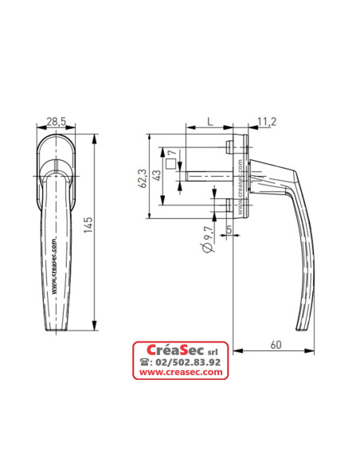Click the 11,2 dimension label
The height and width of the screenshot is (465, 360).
(x=267, y=121)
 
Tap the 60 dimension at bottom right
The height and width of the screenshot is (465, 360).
(x=276, y=344)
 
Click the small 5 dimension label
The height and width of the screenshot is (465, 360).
(x=229, y=230)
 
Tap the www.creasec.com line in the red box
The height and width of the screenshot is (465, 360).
(x=180, y=373)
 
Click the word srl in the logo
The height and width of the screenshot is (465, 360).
(x=213, y=351)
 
